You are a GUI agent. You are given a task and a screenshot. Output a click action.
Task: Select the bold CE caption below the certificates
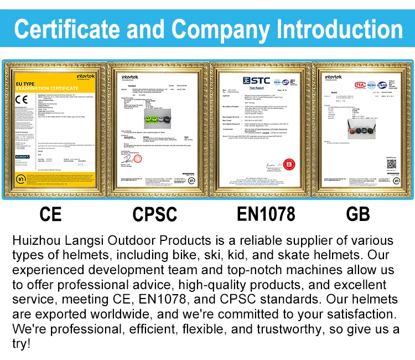point(51,214)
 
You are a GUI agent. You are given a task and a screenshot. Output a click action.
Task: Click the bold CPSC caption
point(155,214)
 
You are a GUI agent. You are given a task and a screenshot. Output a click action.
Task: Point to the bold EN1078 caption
point(266,214)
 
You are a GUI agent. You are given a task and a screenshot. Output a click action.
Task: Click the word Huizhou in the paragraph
point(35,241)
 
